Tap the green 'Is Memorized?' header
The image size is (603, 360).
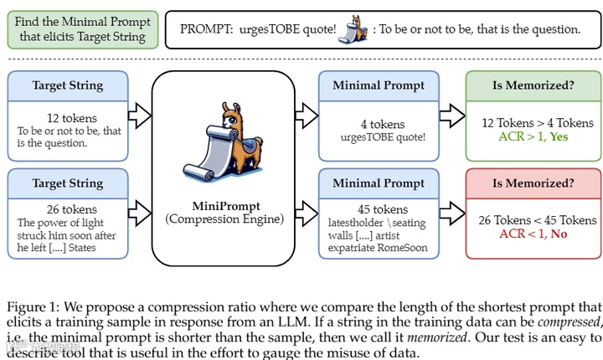click(x=532, y=85)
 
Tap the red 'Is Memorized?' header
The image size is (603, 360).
click(x=532, y=183)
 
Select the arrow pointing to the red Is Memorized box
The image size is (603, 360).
click(x=451, y=214)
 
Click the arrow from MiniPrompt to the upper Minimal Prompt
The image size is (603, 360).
click(x=305, y=117)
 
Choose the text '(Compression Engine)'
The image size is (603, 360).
click(x=224, y=219)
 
